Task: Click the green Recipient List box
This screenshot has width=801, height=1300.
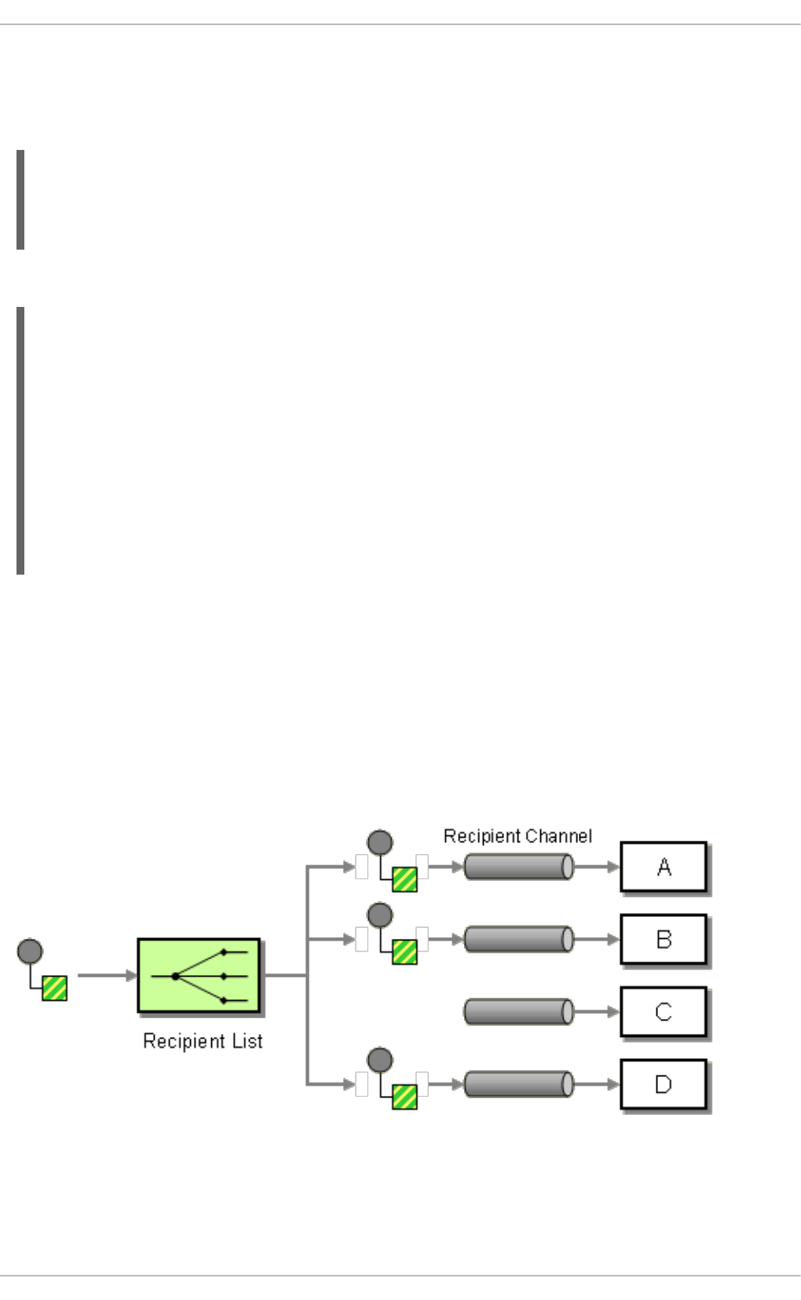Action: coord(199,975)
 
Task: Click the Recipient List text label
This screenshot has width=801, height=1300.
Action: coord(203,1041)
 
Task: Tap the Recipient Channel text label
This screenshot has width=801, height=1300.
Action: coord(518,836)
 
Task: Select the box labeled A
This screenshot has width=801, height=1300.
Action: coord(664,867)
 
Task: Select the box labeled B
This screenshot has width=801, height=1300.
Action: coord(664,939)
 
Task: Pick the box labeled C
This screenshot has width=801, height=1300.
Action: coord(664,1012)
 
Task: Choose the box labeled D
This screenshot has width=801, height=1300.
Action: coord(664,1084)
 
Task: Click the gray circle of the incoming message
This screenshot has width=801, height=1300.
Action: coord(30,951)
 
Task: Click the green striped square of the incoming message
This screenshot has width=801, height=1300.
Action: coord(55,988)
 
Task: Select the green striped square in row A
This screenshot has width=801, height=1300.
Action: coord(404,879)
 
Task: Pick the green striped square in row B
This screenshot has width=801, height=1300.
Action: coord(404,951)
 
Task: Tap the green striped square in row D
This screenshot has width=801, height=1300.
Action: coord(404,1097)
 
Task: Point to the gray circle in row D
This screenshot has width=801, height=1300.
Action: coord(380,1060)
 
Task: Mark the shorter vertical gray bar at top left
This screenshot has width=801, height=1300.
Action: coord(20,199)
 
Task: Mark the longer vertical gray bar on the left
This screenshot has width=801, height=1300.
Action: coord(20,440)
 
